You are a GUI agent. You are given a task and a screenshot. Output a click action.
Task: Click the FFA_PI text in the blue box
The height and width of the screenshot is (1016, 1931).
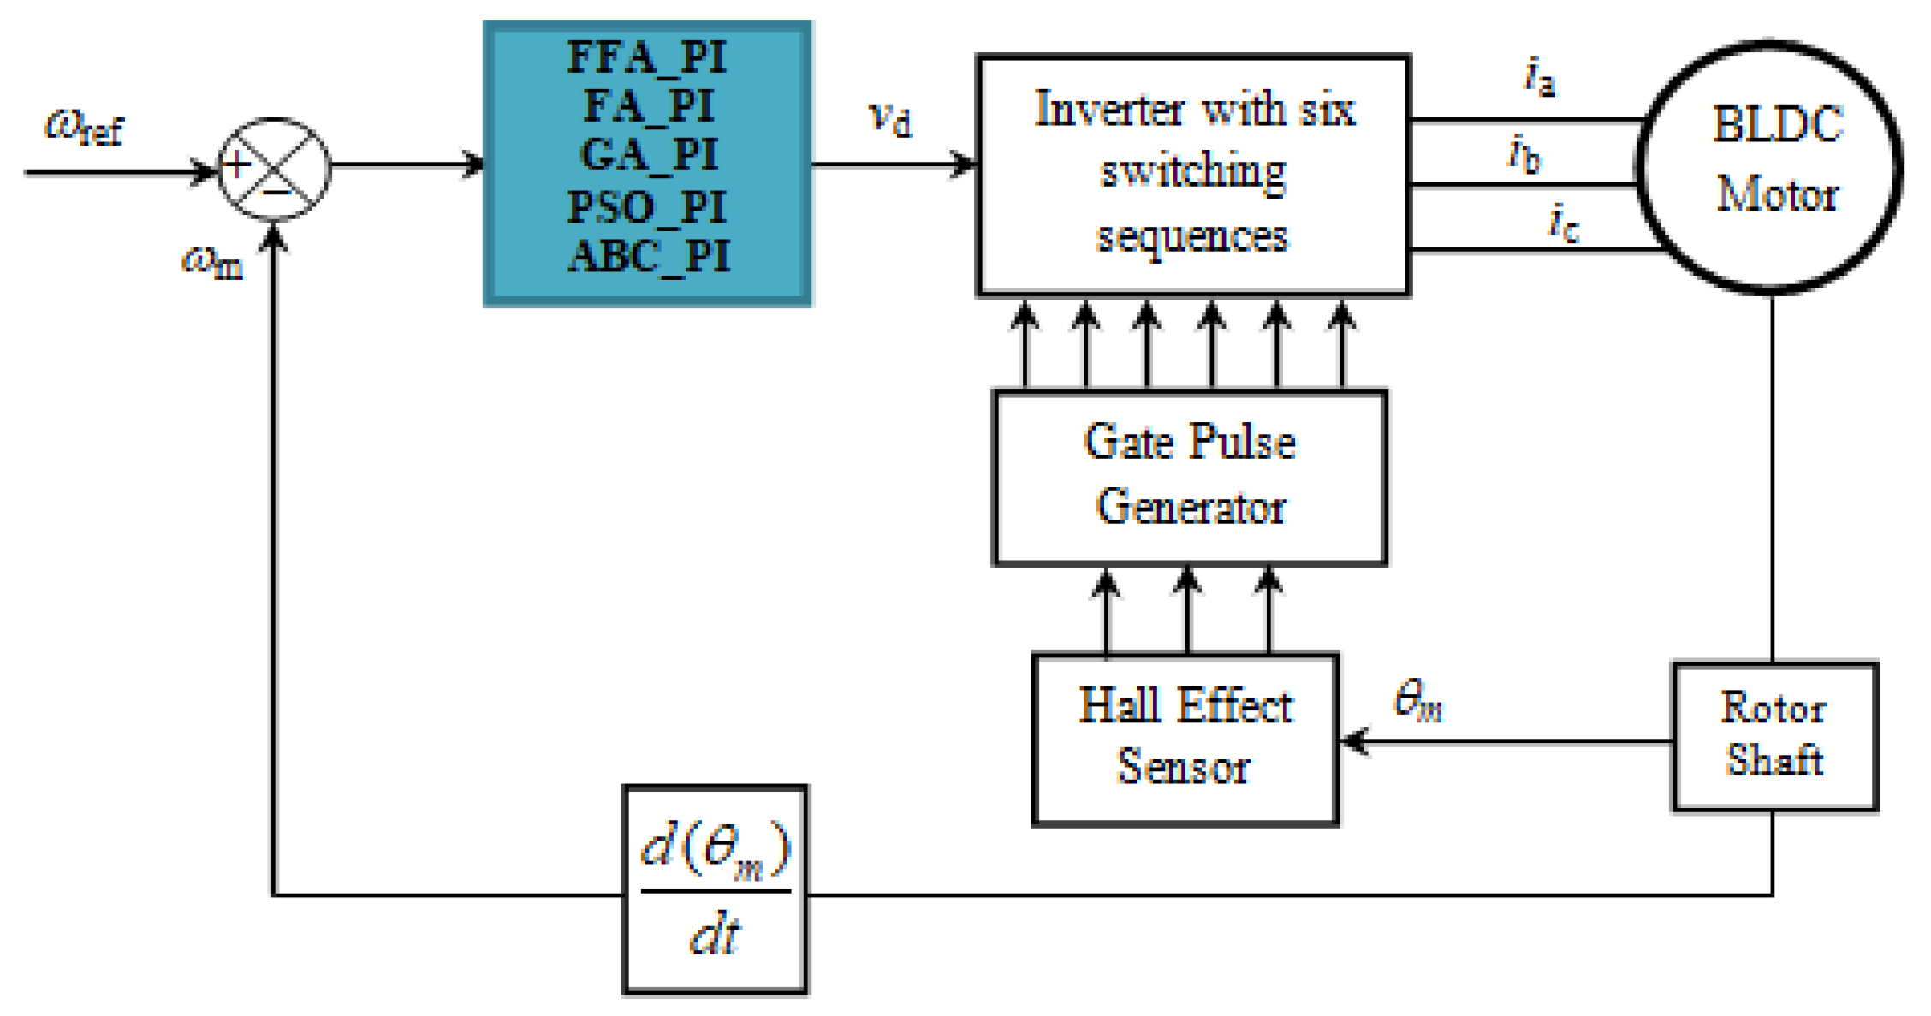647,58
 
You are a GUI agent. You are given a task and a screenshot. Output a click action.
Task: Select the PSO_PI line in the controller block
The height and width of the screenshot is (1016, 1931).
647,207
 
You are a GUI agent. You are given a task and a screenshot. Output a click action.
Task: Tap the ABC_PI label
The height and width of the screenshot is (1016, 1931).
649,256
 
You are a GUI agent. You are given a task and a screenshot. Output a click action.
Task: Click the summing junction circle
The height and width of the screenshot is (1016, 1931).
274,169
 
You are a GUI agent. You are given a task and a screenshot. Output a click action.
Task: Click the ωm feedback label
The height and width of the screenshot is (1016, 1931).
212,261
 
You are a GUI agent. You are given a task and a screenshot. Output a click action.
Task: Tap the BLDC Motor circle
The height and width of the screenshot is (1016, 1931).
1770,167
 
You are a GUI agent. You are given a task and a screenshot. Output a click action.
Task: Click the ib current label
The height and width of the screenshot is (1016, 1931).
1524,154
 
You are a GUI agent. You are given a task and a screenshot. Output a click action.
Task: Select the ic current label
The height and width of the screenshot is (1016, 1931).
1563,223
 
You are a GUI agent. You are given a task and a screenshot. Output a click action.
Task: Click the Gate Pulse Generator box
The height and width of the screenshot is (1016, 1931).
1190,478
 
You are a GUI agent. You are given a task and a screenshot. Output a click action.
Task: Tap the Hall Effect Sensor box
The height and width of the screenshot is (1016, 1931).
1185,738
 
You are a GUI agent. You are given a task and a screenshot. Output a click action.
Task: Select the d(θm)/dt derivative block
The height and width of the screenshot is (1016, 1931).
715,890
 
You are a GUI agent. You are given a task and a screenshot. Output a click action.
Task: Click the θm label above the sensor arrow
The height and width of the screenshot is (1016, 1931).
1418,700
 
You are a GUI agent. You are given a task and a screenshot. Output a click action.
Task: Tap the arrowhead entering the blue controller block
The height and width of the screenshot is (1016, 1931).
473,163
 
